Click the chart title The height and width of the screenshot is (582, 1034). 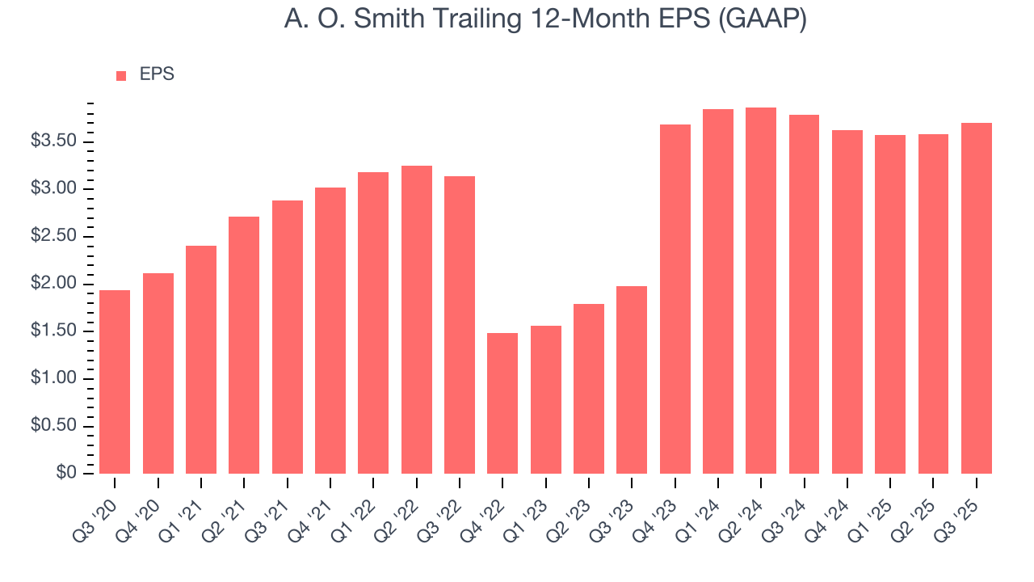click(545, 19)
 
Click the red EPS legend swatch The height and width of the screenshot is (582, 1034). click(121, 75)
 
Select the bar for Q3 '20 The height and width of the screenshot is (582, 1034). click(115, 382)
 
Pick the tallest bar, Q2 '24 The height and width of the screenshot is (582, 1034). click(761, 290)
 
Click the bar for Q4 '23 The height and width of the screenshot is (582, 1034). click(675, 299)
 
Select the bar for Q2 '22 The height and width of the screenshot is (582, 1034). click(416, 319)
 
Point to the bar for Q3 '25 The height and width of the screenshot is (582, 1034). click(977, 298)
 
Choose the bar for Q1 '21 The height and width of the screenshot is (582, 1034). click(201, 360)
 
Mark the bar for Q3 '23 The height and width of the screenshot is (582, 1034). click(632, 380)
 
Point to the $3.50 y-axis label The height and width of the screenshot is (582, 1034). click(53, 141)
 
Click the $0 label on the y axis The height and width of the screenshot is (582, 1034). click(66, 473)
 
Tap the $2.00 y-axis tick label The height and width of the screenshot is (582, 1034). click(53, 284)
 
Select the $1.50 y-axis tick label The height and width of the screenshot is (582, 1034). click(53, 331)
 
